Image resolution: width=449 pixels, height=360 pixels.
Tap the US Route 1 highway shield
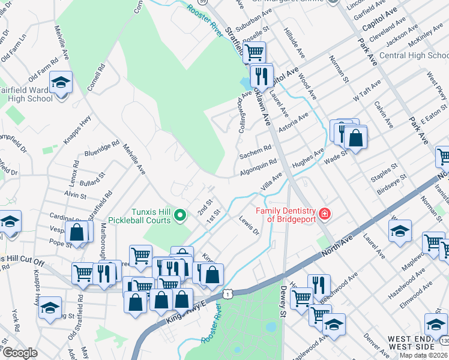(x=228, y=293)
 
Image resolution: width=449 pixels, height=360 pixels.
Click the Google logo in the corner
(x=20, y=353)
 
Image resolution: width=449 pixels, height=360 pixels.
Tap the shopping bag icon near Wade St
(x=356, y=137)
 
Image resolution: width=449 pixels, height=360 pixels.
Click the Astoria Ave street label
(x=295, y=121)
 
